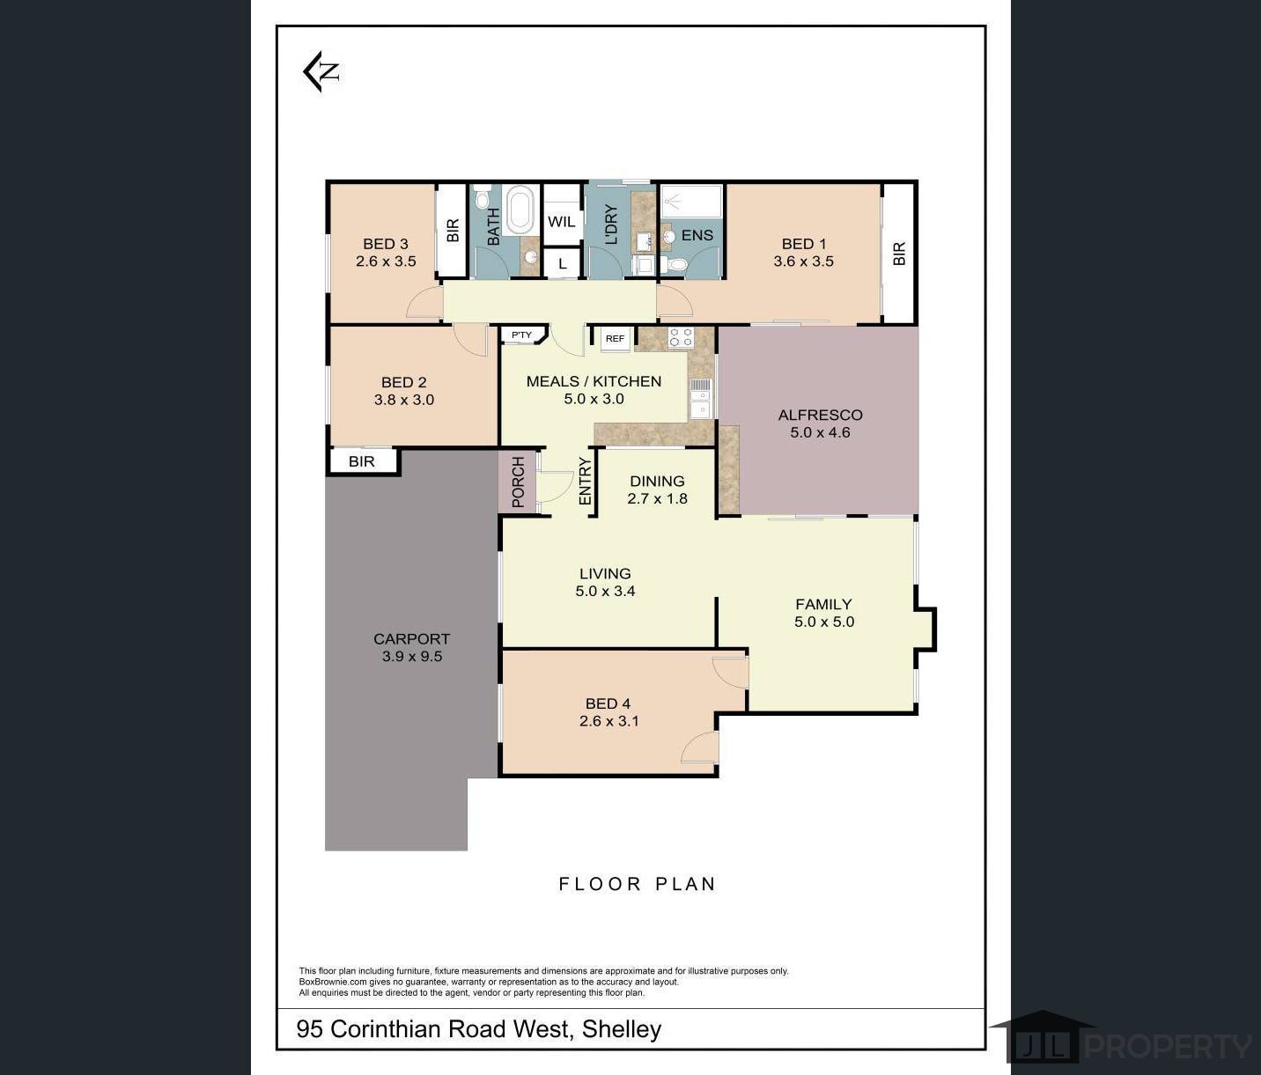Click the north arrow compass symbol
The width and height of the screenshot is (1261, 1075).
(x=321, y=72)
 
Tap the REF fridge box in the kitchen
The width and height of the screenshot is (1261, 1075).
(x=615, y=339)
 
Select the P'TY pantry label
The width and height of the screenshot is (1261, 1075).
(x=521, y=335)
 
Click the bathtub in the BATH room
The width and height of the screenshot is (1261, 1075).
(x=520, y=210)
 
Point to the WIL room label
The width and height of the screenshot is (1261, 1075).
(x=561, y=222)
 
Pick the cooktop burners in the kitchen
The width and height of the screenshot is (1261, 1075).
(x=681, y=337)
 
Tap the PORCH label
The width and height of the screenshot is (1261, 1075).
(x=518, y=482)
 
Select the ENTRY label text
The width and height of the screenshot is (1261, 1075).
(x=585, y=482)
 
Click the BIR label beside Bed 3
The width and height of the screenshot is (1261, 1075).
(x=453, y=230)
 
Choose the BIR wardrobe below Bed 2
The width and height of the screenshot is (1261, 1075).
(x=364, y=461)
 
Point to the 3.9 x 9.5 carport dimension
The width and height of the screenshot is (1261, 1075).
(x=412, y=657)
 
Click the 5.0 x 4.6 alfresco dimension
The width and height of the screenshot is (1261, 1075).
(x=820, y=432)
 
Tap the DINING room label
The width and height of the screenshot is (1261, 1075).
(x=657, y=481)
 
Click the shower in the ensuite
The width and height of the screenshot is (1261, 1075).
(x=691, y=201)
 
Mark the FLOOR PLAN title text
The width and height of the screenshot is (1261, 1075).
(x=637, y=884)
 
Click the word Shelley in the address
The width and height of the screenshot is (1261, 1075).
(x=622, y=1029)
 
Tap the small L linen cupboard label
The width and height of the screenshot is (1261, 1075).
(x=563, y=264)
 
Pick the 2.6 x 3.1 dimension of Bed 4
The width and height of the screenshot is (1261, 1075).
(x=608, y=721)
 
